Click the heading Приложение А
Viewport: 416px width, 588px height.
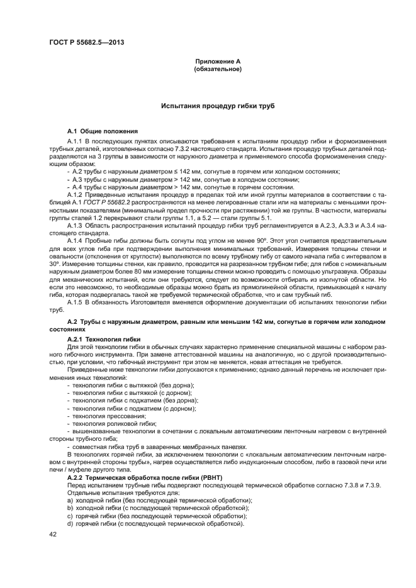[218, 61]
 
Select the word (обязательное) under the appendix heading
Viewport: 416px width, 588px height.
[218, 69]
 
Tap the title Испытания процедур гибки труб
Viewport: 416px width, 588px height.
[218, 106]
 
